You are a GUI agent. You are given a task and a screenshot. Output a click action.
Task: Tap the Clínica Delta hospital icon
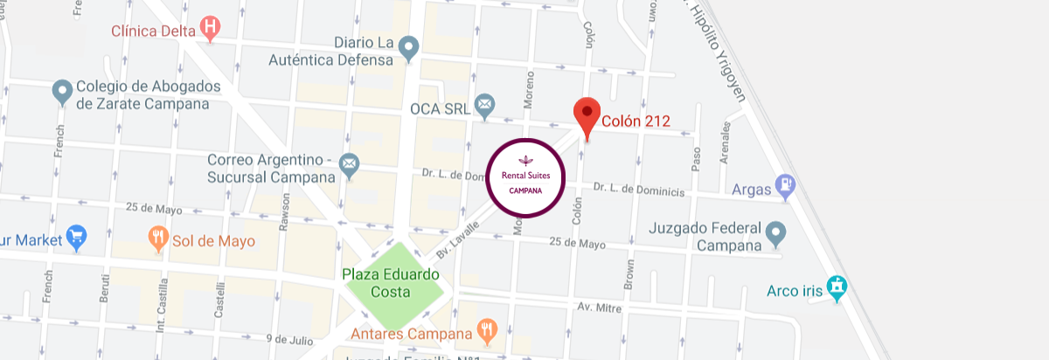point(210,28)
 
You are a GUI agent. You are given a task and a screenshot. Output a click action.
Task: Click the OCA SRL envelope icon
point(484,107)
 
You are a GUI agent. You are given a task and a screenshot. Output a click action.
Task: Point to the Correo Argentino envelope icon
point(349,163)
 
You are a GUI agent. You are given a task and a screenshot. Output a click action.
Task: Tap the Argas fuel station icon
point(788,186)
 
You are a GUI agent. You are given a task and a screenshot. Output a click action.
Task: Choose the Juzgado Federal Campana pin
point(775,233)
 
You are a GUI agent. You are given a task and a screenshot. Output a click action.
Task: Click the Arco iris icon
point(837,288)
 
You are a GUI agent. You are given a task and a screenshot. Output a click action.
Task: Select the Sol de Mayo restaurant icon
point(158,239)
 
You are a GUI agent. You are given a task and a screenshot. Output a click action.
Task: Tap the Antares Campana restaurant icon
point(487,330)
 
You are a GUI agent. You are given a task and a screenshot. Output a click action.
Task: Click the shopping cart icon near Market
point(77,236)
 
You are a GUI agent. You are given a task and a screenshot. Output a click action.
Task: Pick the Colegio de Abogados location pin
point(61,91)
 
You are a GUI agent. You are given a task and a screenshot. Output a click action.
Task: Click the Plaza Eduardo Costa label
point(391,283)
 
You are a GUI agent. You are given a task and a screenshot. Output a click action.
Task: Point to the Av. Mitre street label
point(598,307)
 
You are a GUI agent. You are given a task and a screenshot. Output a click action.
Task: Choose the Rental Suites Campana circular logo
point(526,177)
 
